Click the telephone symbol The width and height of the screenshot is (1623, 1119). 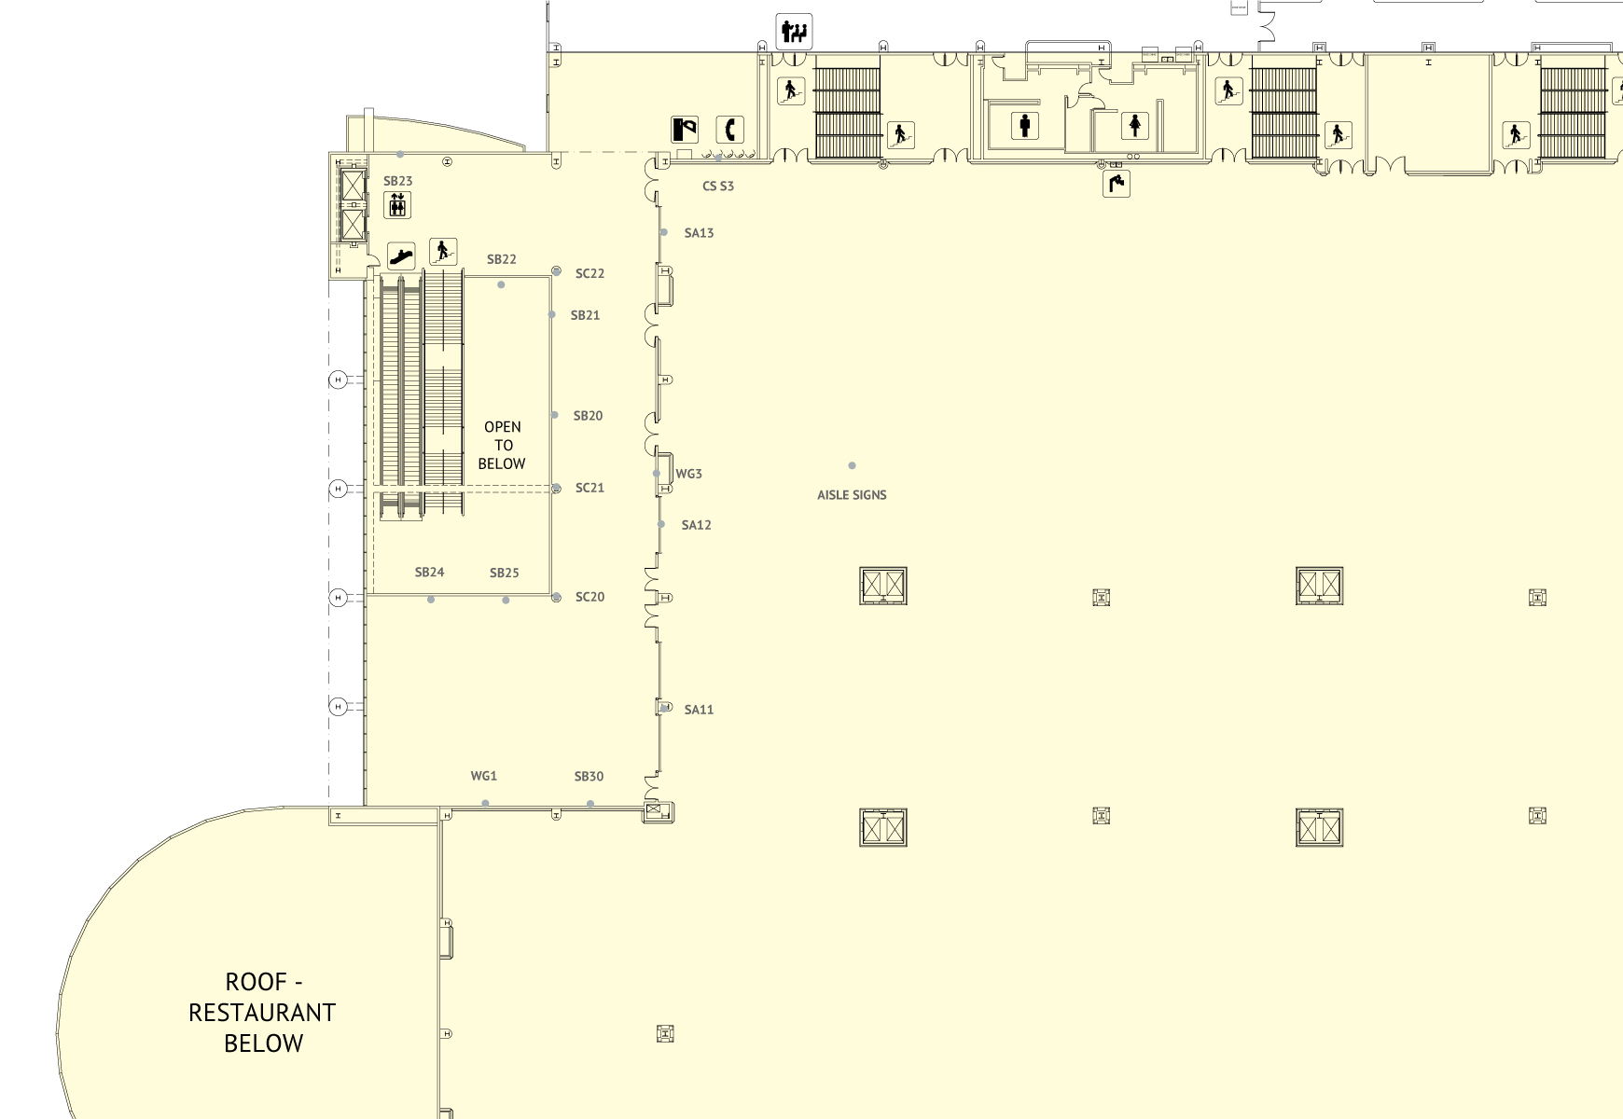729,130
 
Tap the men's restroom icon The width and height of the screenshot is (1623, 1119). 1025,125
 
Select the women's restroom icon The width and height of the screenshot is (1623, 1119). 1134,125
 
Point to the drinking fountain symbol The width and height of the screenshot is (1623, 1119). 1117,184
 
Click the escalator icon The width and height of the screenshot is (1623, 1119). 401,256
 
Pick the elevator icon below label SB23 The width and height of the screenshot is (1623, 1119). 397,204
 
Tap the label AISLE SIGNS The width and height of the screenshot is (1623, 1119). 852,495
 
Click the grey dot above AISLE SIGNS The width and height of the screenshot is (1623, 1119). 852,465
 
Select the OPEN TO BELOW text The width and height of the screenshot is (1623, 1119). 502,446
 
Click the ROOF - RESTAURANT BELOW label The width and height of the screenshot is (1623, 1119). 262,1013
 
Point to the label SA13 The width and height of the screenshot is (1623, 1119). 699,233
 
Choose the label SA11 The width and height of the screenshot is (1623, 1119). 699,710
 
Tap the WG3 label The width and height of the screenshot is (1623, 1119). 688,474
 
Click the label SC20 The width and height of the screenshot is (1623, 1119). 590,597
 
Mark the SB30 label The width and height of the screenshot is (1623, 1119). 589,777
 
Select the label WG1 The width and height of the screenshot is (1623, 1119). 483,776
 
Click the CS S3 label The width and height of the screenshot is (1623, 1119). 717,186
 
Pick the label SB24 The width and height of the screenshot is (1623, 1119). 429,573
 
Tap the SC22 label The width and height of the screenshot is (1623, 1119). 590,273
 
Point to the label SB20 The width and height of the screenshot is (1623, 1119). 588,416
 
